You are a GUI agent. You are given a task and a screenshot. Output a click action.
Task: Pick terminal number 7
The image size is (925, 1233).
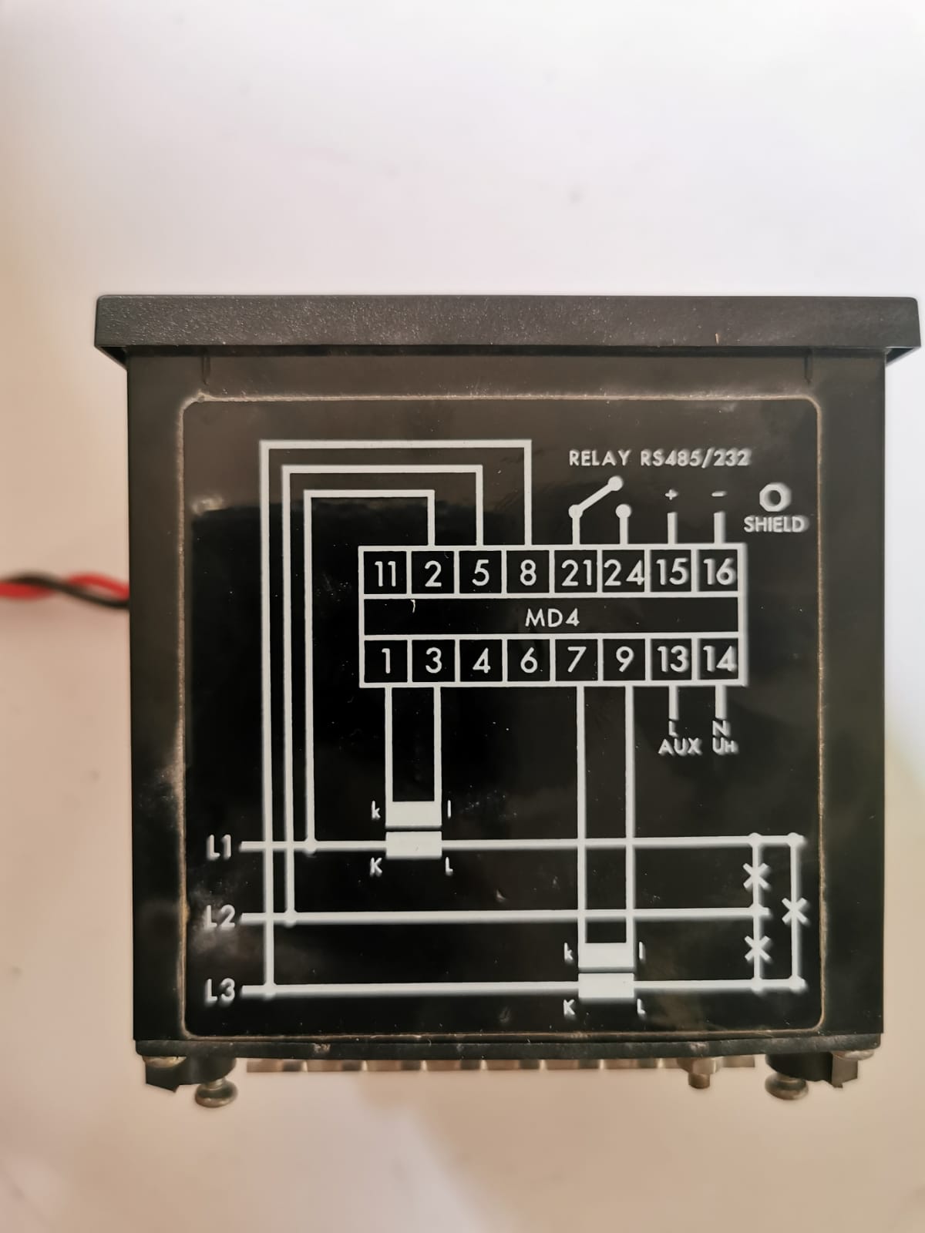coord(575,660)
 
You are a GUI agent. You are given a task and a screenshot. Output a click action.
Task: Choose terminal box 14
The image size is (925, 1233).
coord(719,660)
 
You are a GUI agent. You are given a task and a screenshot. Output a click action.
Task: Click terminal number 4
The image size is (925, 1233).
coord(481,660)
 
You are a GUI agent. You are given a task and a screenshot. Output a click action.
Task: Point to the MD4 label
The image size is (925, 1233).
coord(551,618)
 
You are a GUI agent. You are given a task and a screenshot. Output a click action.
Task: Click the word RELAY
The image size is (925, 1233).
coord(599,458)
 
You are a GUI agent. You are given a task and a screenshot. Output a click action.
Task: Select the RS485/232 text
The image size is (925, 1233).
coord(695,459)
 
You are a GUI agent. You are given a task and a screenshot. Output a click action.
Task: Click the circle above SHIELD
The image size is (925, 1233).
coord(775,497)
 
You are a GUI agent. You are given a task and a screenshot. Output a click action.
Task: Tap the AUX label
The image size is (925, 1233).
coord(680,747)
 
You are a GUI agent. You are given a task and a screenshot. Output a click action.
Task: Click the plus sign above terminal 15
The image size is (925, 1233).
coord(671,494)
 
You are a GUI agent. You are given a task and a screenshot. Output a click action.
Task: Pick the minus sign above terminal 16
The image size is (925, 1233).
coord(718,494)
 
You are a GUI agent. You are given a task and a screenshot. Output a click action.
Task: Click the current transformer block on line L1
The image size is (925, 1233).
coord(414,845)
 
